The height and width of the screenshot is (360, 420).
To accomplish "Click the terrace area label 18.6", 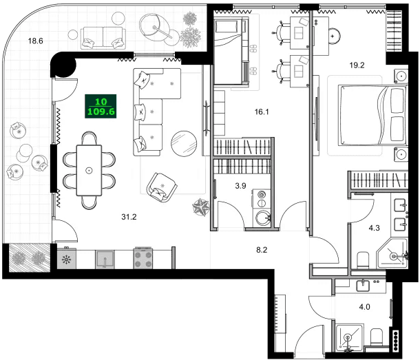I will click(36, 41).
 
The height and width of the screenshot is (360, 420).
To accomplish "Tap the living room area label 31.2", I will click(129, 217).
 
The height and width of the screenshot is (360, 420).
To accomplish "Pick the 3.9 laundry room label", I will click(240, 186).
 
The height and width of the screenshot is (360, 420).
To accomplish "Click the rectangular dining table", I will click(89, 169).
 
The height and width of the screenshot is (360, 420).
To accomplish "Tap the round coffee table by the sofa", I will click(183, 144).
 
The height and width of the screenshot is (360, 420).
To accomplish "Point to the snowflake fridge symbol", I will click(67, 260).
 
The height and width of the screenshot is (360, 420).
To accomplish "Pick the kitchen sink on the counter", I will click(105, 260).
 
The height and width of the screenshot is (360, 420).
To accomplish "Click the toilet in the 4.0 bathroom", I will click(377, 337).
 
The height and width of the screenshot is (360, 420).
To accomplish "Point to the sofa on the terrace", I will click(103, 37).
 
